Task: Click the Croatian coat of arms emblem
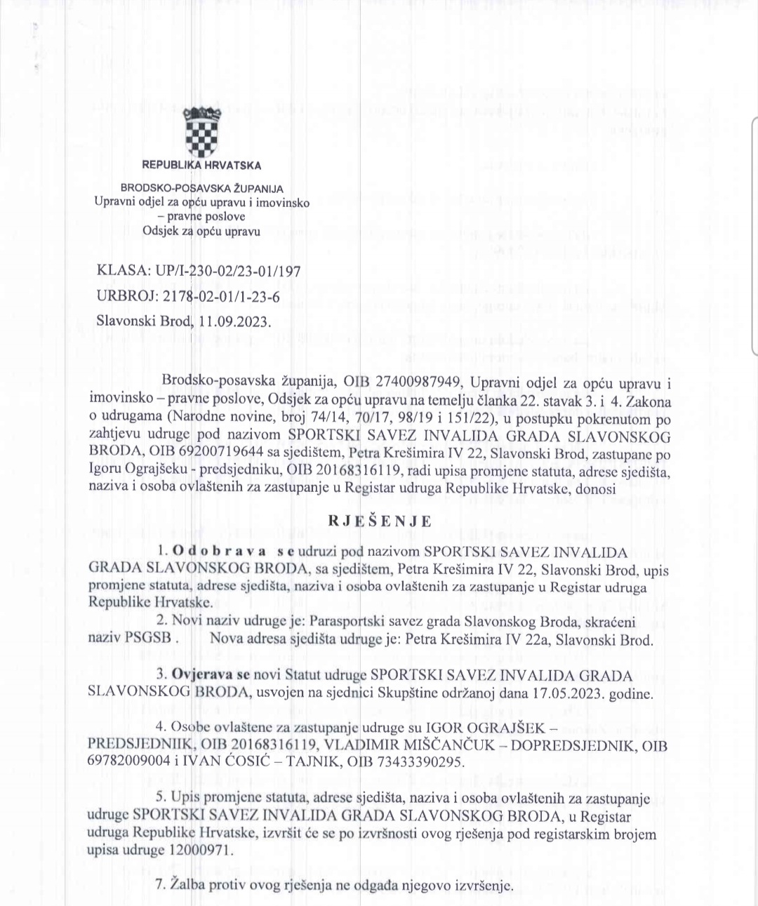201,133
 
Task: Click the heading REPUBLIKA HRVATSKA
201,166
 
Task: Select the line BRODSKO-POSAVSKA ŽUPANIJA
202,188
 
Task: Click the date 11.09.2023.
234,321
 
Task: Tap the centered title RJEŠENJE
380,521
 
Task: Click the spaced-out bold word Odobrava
218,551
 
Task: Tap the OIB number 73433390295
418,762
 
